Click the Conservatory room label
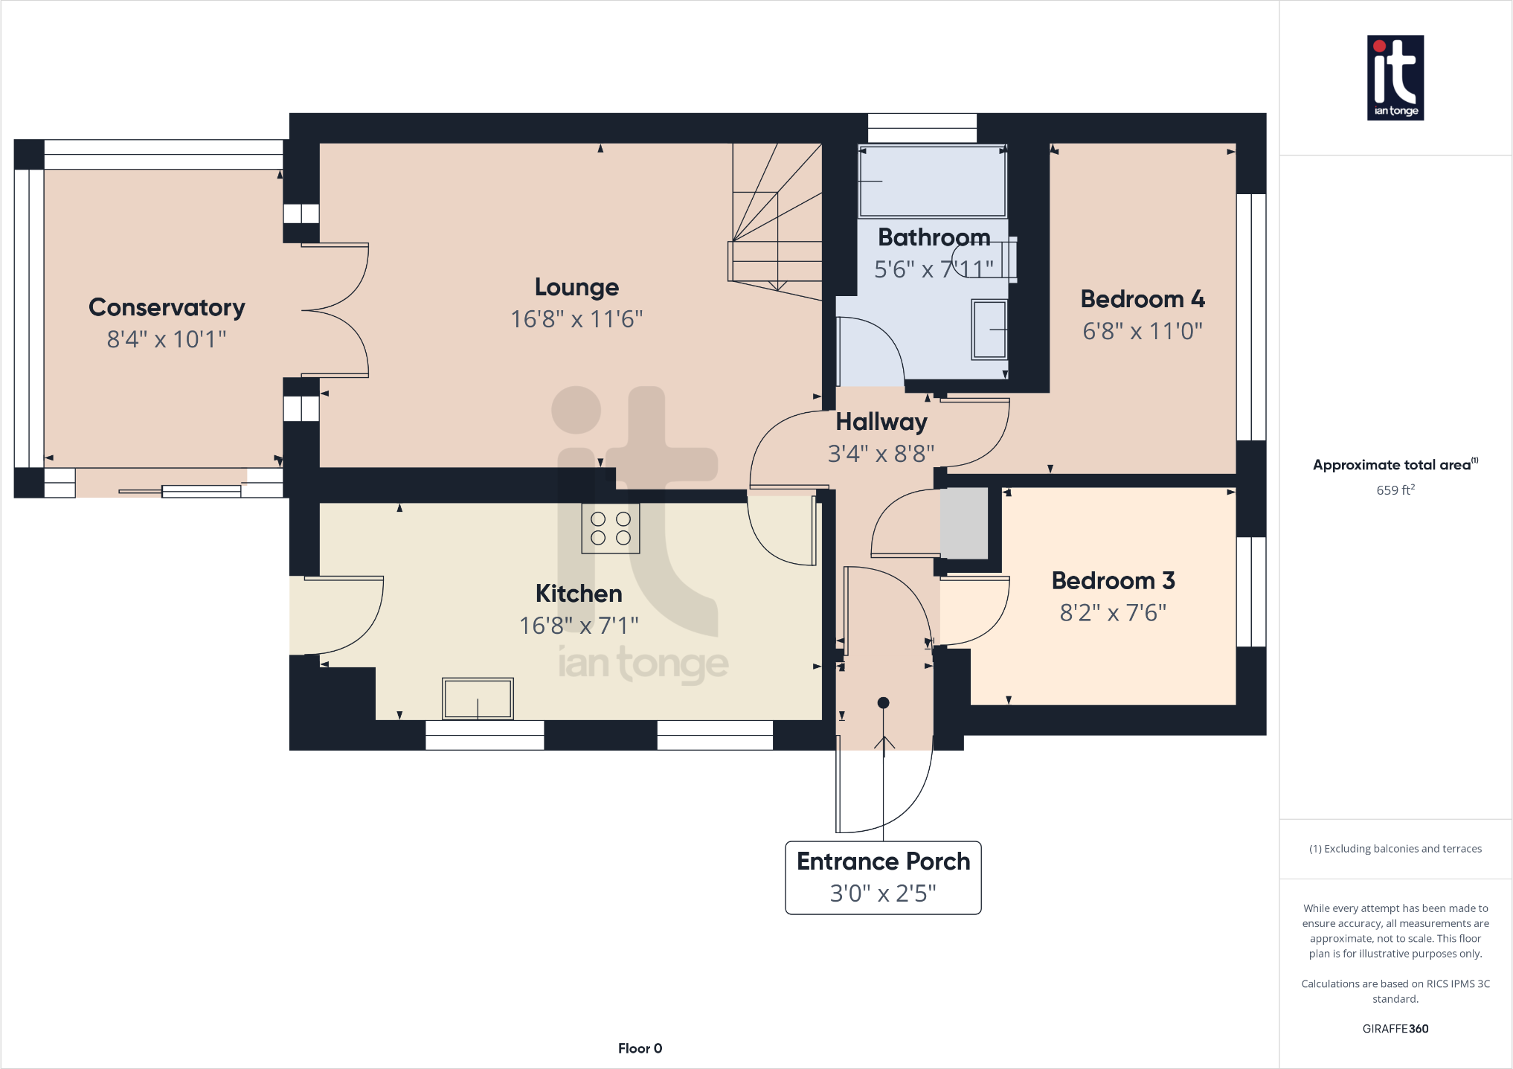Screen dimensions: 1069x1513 167,307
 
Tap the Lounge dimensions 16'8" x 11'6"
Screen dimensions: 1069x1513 576,319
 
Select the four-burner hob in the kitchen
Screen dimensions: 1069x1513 611,528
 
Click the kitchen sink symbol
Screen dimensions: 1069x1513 478,699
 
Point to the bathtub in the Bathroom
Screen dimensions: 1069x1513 932,181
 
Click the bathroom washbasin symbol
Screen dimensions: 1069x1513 989,330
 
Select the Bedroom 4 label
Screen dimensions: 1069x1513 1142,299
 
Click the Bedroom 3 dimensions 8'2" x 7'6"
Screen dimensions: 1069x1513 1113,613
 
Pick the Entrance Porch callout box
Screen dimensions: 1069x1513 883,877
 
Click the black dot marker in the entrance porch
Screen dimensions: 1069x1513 883,702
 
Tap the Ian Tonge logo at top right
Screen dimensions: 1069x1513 1395,77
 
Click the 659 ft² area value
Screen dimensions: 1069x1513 1395,490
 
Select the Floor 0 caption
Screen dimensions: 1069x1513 640,1048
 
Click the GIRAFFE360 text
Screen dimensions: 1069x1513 1395,1029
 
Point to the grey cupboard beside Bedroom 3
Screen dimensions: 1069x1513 964,523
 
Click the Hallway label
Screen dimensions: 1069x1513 881,422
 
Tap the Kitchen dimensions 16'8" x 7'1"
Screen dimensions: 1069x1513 579,626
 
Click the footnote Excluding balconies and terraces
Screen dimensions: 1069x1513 1395,849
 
